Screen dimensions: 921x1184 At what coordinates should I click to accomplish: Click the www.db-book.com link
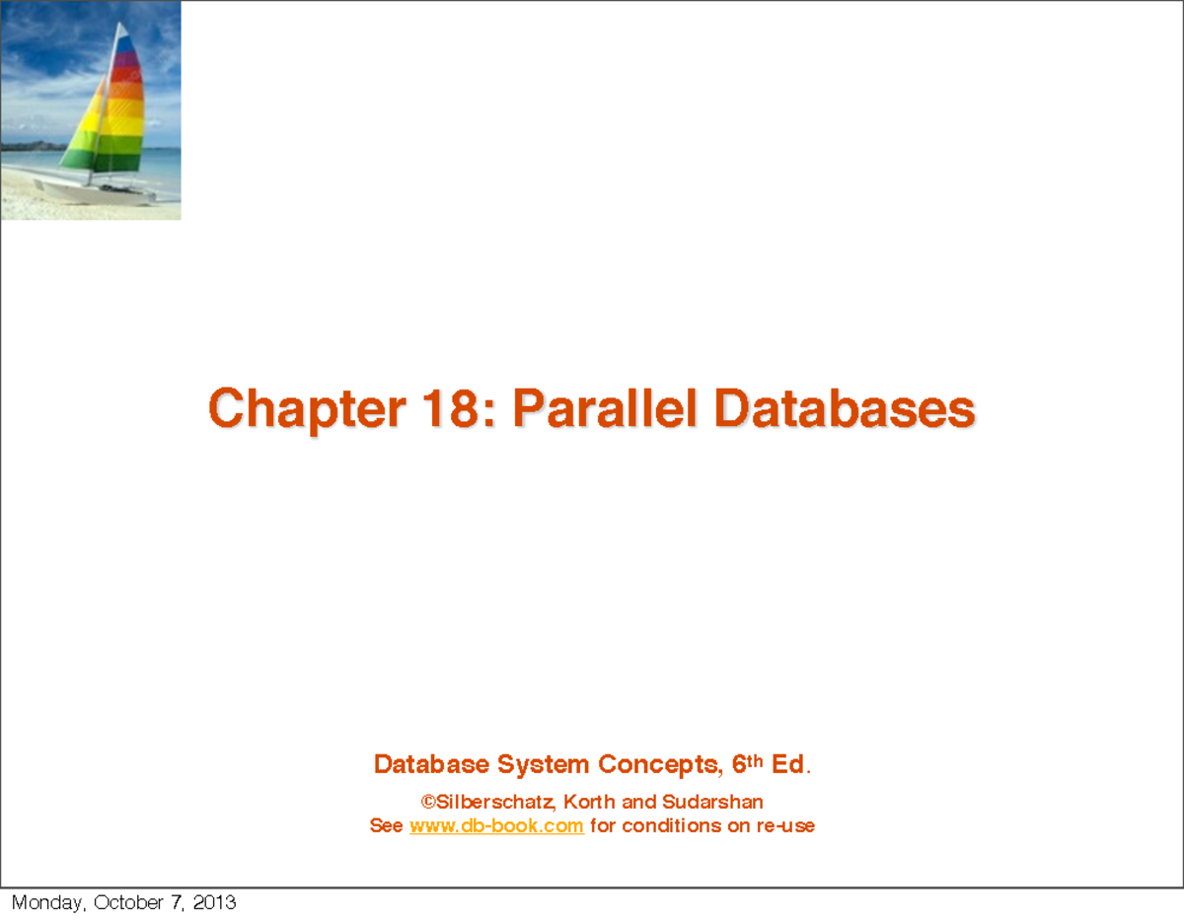(x=496, y=826)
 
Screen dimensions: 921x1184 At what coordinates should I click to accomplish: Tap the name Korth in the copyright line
(x=590, y=802)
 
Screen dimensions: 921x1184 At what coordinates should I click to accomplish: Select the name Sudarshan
(x=712, y=802)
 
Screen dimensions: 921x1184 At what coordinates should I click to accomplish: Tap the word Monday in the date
(x=47, y=902)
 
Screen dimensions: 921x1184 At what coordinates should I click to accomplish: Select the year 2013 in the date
(x=214, y=902)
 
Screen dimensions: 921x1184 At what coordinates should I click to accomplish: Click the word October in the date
(x=131, y=902)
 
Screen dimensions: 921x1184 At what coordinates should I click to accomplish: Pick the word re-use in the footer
(x=785, y=826)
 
